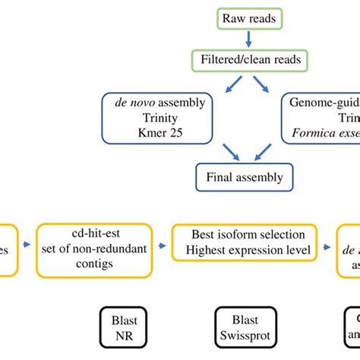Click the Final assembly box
coord(244,178)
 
